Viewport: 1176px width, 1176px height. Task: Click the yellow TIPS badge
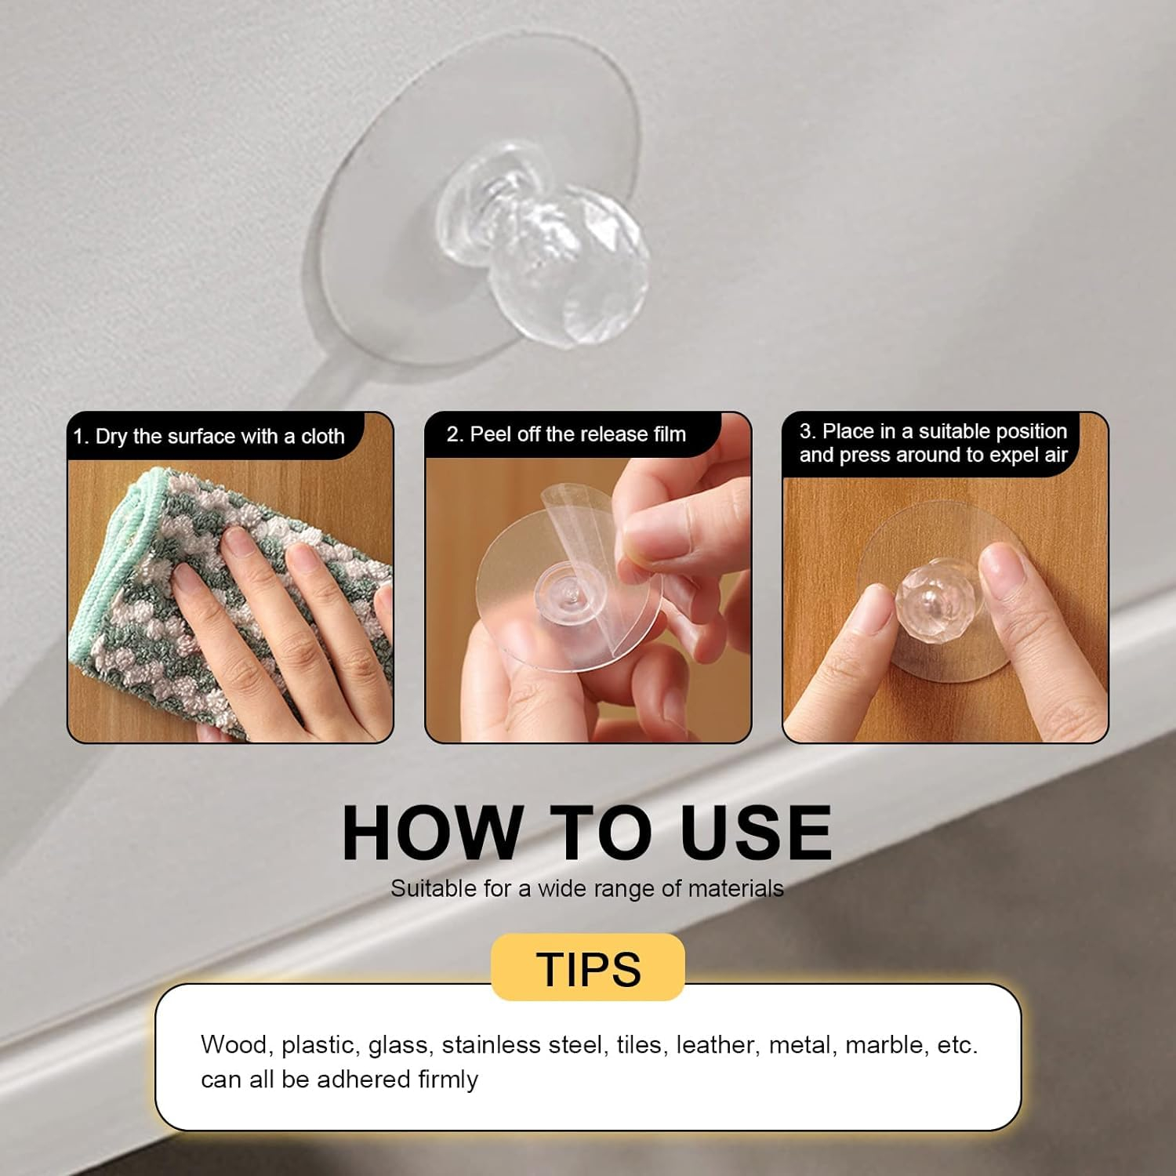(588, 967)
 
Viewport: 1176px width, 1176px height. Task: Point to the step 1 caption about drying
(209, 437)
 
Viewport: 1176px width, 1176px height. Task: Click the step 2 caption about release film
(566, 434)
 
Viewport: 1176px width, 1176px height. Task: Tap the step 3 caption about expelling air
(934, 443)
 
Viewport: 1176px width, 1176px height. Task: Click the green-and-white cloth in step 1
(227, 604)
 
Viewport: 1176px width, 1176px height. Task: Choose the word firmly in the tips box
(448, 1080)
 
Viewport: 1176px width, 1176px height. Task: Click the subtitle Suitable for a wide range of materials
(587, 888)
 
